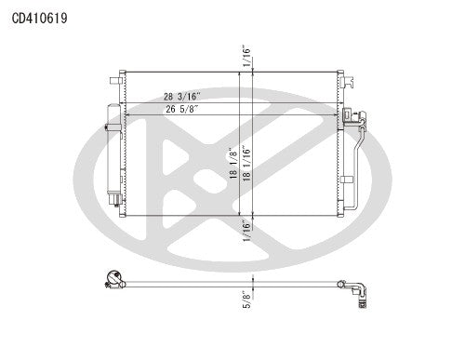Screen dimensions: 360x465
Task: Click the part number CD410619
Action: click(x=39, y=17)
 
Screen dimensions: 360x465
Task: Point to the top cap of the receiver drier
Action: click(x=111, y=109)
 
